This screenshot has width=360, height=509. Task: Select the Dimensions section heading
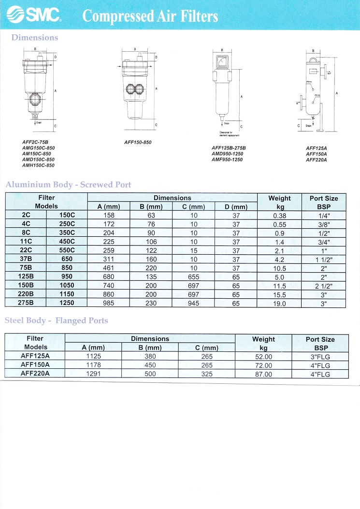34,38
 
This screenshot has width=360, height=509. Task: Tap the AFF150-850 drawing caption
138,143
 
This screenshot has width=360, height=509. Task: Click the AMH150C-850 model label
39,165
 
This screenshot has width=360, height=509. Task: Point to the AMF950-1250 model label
227,160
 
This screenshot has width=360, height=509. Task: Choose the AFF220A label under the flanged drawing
317,160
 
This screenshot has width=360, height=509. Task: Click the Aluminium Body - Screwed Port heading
68,185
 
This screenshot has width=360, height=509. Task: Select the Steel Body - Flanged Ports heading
57,320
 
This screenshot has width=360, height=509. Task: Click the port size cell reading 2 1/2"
323,286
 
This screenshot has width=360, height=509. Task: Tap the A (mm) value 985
109,304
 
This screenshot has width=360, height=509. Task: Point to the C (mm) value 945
194,304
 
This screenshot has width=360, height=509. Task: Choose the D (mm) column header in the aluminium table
236,207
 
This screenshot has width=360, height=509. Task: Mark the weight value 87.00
263,374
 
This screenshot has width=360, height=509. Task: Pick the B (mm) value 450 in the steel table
151,365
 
